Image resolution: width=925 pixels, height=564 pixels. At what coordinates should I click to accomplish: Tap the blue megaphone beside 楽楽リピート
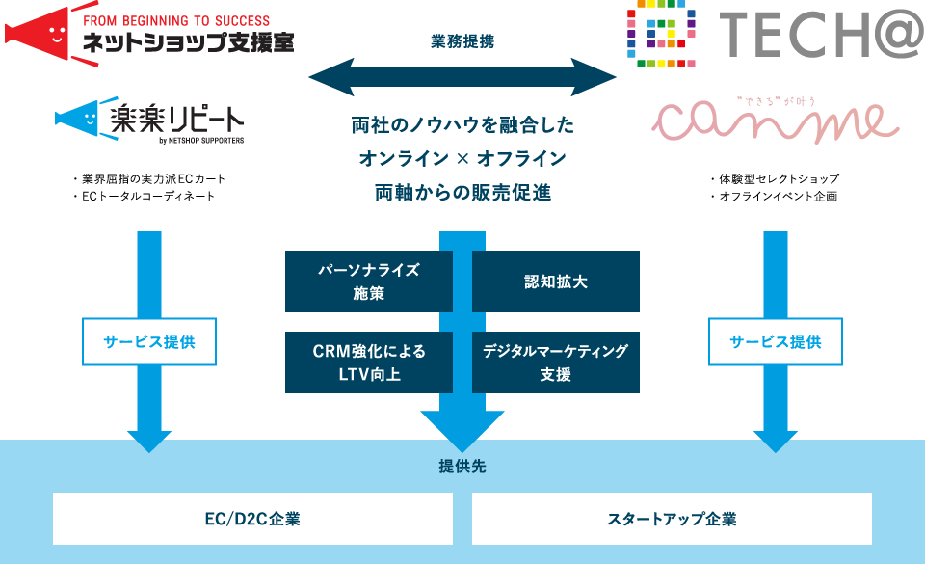(77, 118)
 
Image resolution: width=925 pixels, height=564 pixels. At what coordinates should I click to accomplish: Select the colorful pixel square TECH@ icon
(661, 34)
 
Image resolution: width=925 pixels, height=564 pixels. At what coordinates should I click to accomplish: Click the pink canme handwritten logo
(775, 121)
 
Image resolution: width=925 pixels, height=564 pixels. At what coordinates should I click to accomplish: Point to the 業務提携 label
(462, 41)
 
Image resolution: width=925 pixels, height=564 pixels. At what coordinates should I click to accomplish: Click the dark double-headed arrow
(462, 77)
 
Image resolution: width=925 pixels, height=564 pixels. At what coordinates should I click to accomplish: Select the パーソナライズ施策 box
(369, 282)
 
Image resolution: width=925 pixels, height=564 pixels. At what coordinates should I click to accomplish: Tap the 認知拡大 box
(556, 282)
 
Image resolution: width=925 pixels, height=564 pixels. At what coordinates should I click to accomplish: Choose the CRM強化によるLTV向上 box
(369, 363)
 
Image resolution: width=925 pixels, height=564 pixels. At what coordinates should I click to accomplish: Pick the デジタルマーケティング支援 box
(556, 363)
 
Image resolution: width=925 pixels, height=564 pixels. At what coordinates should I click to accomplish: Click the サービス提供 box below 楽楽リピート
(149, 341)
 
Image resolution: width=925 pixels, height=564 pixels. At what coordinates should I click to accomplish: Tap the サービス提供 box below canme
(775, 341)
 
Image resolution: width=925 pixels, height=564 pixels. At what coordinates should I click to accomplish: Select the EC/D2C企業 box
(252, 519)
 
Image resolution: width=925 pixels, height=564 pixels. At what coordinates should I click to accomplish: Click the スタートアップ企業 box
(672, 519)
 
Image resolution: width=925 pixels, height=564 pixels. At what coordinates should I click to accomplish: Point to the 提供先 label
(462, 466)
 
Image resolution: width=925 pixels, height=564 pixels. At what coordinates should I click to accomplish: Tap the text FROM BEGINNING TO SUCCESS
(176, 20)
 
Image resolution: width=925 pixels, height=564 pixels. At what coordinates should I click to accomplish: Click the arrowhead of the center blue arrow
(462, 431)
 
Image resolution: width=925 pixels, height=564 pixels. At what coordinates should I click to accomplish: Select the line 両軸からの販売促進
(463, 192)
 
